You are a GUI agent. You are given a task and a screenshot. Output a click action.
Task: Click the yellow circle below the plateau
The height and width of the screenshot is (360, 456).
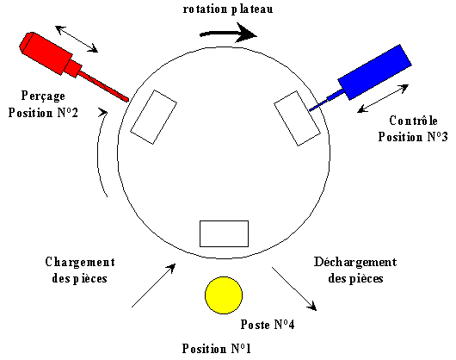[x=224, y=295]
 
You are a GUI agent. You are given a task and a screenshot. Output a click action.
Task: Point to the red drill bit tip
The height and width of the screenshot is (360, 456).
[x=127, y=100]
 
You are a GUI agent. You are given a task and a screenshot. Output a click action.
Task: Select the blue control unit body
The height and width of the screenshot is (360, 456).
[x=374, y=71]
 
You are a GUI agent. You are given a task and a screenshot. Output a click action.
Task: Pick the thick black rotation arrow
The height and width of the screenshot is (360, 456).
[x=228, y=34]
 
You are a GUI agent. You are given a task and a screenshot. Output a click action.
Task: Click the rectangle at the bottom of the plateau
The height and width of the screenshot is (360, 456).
[x=224, y=233]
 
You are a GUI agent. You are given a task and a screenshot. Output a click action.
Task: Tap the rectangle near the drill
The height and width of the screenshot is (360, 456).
[x=153, y=117]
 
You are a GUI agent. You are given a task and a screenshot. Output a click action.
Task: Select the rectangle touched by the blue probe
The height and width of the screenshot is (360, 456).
[x=297, y=118]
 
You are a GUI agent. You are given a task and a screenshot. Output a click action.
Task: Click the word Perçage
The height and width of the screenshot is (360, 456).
[x=43, y=96]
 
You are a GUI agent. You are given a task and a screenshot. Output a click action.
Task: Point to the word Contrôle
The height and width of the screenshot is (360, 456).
[x=413, y=121]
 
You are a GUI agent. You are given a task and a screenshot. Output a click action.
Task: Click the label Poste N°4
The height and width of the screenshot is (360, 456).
[x=268, y=324]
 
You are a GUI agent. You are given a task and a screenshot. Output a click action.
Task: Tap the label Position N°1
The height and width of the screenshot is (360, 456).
[x=216, y=348]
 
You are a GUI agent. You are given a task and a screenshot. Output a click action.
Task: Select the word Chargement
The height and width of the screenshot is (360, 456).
[x=80, y=262]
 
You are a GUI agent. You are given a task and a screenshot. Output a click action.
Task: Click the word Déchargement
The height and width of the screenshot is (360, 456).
[x=355, y=262]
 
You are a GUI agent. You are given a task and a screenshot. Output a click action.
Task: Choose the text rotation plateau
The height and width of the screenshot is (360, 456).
[x=228, y=9]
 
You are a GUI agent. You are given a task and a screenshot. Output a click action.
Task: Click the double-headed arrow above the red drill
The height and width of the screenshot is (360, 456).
[x=77, y=39]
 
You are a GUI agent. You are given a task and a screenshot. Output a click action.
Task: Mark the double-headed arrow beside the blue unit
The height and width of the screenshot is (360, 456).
[x=383, y=98]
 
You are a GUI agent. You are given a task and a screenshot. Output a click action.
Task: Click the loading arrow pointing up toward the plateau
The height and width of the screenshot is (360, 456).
[x=153, y=285]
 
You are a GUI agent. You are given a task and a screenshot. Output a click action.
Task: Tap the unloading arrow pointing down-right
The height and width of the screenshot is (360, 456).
[x=294, y=289]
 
